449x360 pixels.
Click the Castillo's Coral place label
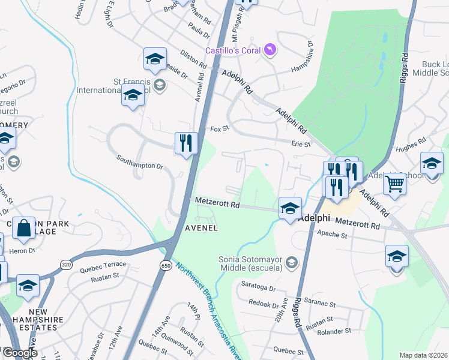pyautogui.click(x=233, y=50)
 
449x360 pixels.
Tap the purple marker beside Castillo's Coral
pyautogui.click(x=270, y=50)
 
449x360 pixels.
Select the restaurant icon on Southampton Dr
pyautogui.click(x=186, y=143)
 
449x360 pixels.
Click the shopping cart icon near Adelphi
pyautogui.click(x=395, y=183)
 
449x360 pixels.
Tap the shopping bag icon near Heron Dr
pyautogui.click(x=23, y=229)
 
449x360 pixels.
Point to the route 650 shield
pyautogui.click(x=166, y=265)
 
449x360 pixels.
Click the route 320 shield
pyautogui.click(x=66, y=265)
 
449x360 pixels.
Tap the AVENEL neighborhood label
pyautogui.click(x=200, y=229)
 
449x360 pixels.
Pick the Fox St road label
pyautogui.click(x=220, y=128)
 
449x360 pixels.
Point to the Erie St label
pyautogui.click(x=302, y=144)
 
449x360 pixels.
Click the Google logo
pyautogui.click(x=20, y=353)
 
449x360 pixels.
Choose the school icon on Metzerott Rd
pyautogui.click(x=290, y=208)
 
